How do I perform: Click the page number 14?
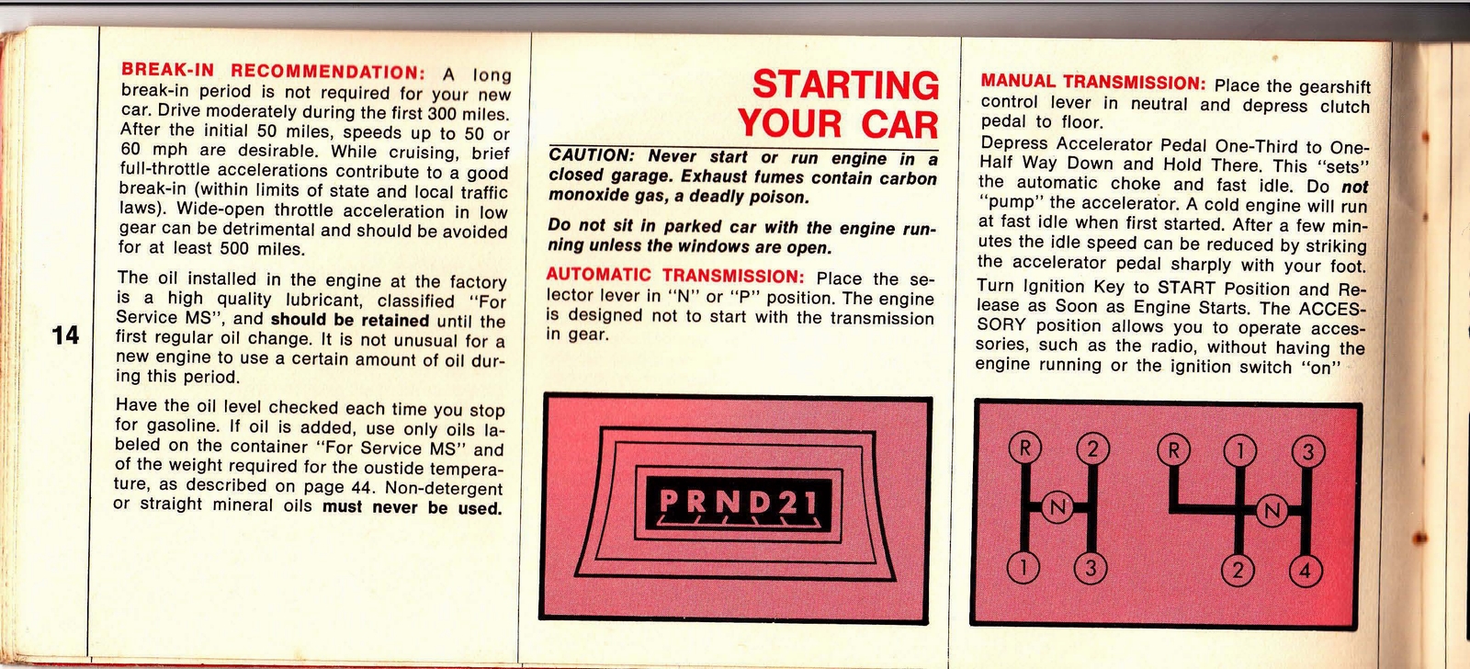65,335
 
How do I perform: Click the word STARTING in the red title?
845,85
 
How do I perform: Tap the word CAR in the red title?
899,124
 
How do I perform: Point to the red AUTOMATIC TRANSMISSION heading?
675,275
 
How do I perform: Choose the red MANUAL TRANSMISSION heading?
1092,82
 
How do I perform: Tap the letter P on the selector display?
669,502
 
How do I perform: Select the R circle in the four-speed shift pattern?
1173,450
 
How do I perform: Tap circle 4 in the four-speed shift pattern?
1305,572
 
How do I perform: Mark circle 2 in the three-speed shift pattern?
1092,449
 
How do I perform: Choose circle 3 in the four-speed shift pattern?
1307,451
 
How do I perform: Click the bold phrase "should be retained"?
350,321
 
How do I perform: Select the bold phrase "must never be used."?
413,507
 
